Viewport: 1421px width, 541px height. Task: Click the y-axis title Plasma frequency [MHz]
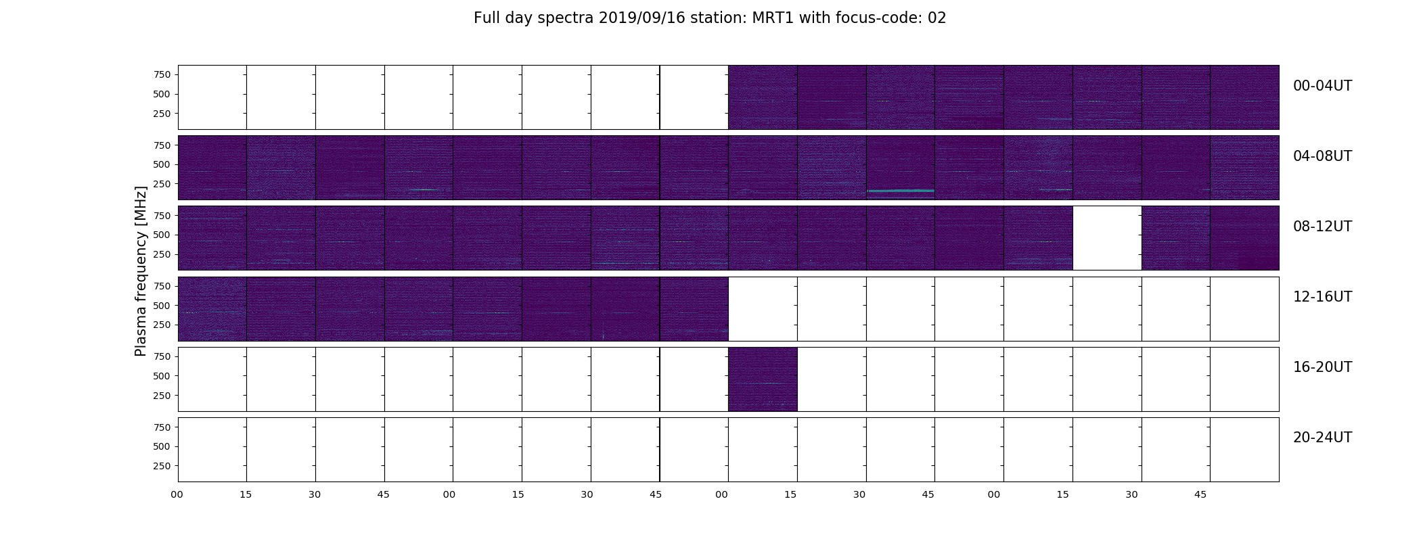141,271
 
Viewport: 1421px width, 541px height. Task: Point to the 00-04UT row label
1322,86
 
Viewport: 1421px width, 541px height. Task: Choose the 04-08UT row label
1322,156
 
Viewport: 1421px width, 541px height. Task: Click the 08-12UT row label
1322,227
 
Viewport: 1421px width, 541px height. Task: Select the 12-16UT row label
1322,297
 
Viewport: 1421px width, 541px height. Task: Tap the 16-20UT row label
1322,367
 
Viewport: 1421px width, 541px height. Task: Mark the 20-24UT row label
1322,438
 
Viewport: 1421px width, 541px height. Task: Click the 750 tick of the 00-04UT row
162,74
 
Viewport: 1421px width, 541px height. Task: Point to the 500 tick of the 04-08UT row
162,164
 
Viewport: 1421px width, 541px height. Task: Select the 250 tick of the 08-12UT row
162,254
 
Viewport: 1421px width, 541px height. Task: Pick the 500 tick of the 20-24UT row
162,446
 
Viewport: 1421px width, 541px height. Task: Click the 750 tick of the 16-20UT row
162,356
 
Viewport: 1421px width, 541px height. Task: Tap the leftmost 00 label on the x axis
177,495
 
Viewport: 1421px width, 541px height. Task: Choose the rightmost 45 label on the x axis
1200,495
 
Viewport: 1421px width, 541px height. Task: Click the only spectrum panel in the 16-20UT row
763,379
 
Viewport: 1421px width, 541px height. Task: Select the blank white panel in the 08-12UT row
1107,238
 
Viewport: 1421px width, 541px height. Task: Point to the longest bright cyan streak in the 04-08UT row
901,191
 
